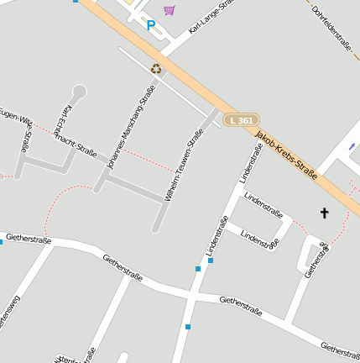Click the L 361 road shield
(x=240, y=120)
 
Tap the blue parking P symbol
(x=151, y=25)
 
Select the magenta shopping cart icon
(x=170, y=10)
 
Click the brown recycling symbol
(x=156, y=68)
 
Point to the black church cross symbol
(x=325, y=213)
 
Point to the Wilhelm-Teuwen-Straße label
(x=185, y=165)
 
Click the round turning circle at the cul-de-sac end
(x=80, y=91)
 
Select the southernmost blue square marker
(x=188, y=327)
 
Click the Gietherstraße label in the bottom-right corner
(x=340, y=349)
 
